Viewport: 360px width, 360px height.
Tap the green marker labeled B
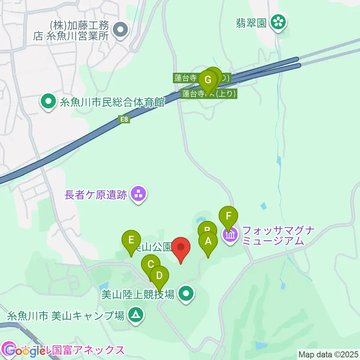[x=207, y=230]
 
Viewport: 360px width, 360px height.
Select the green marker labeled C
[x=151, y=264]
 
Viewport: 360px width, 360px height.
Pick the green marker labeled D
[x=159, y=276]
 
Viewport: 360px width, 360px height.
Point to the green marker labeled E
[x=131, y=240]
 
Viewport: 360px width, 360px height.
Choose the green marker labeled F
[x=228, y=216]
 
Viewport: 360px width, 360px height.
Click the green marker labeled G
[x=208, y=80]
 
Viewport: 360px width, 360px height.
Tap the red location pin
[x=181, y=247]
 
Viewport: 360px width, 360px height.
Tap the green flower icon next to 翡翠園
[x=279, y=22]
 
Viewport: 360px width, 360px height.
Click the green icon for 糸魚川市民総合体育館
[x=48, y=102]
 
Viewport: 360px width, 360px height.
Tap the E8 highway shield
[x=124, y=120]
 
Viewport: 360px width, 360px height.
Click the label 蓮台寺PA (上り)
[x=209, y=94]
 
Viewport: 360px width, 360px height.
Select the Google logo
[x=26, y=351]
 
